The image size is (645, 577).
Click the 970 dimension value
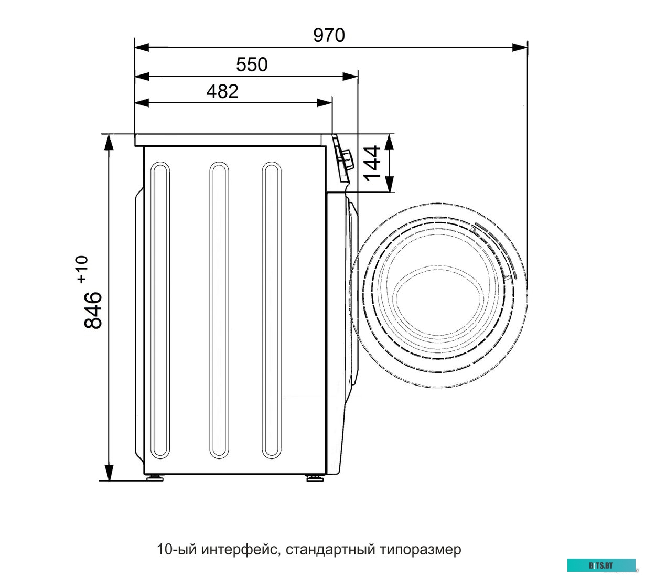click(329, 35)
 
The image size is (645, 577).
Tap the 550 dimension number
click(252, 65)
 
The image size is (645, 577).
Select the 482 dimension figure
click(222, 91)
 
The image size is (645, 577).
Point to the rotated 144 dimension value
click(372, 163)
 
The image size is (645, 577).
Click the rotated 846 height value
click(93, 310)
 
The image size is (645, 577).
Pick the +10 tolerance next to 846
click(82, 270)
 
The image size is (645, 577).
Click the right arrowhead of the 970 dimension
click(520, 48)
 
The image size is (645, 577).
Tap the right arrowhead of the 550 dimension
click(350, 77)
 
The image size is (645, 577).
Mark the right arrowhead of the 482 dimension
click(325, 103)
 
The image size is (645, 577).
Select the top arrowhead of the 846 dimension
click(109, 142)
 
